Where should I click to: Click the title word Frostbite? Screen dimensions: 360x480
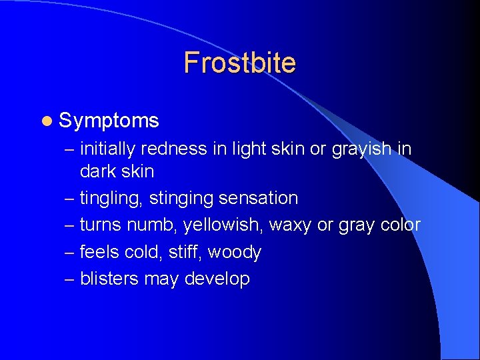pyautogui.click(x=239, y=63)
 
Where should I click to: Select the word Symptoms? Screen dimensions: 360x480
pyautogui.click(x=109, y=121)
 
